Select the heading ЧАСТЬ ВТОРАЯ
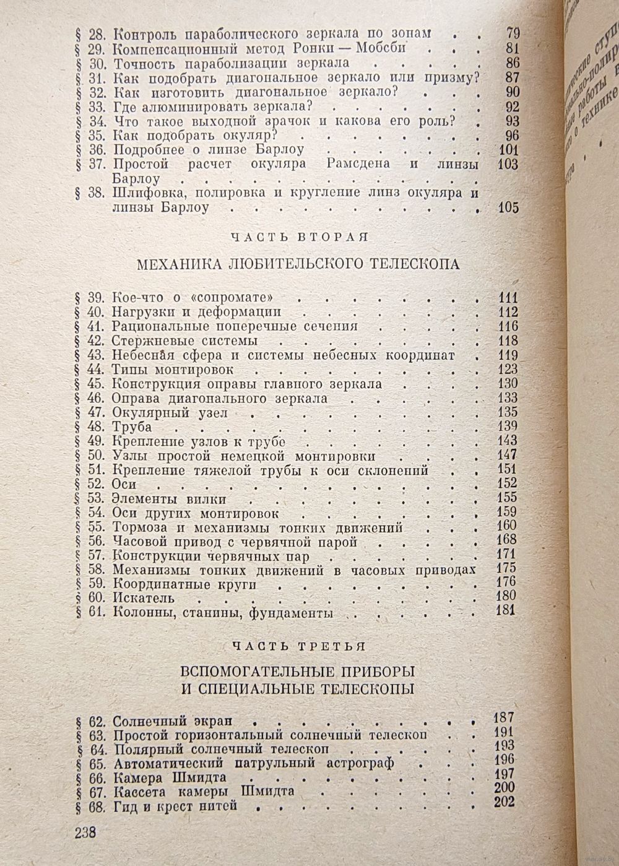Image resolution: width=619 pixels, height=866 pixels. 300,237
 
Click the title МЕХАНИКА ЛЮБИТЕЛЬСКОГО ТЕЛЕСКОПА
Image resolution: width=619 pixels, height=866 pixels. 298,264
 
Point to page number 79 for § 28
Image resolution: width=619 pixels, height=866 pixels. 513,33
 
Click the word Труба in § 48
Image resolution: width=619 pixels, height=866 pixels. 132,427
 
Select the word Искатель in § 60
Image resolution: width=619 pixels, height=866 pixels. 143,599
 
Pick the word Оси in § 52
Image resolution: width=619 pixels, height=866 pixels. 124,485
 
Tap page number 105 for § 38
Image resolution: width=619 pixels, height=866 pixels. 508,208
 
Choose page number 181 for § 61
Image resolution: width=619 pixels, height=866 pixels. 508,613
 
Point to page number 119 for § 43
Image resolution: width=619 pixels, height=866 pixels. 508,355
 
